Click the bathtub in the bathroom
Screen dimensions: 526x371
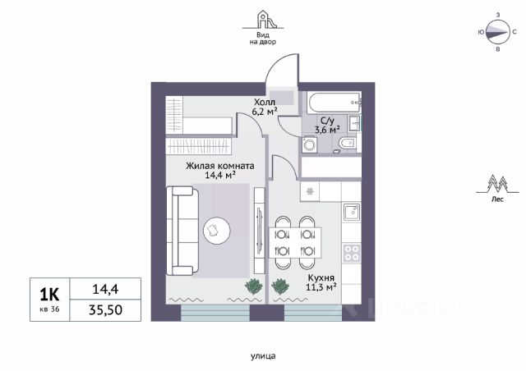[x=335, y=103]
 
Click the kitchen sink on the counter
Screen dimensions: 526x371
[x=352, y=212]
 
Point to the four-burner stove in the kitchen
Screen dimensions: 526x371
[x=352, y=253]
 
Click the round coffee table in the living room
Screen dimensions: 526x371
[x=217, y=231]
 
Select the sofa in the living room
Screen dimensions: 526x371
[x=182, y=231]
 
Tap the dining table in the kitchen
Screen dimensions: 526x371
[x=295, y=243]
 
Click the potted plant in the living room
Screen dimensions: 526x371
[x=254, y=286]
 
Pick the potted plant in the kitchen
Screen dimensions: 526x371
[x=280, y=286]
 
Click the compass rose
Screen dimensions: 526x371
[x=498, y=32]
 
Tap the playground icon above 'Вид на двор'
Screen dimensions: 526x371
[x=263, y=20]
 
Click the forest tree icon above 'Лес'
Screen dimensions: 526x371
[x=497, y=184]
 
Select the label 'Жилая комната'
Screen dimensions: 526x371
[x=220, y=166]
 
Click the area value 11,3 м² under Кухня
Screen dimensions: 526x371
[x=321, y=287]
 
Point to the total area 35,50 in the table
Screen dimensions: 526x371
[x=105, y=310]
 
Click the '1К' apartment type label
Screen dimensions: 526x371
[x=49, y=295]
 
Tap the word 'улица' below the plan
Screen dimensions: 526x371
[x=263, y=356]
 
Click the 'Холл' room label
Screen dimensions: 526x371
[x=265, y=103]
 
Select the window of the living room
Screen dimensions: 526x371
[x=215, y=313]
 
